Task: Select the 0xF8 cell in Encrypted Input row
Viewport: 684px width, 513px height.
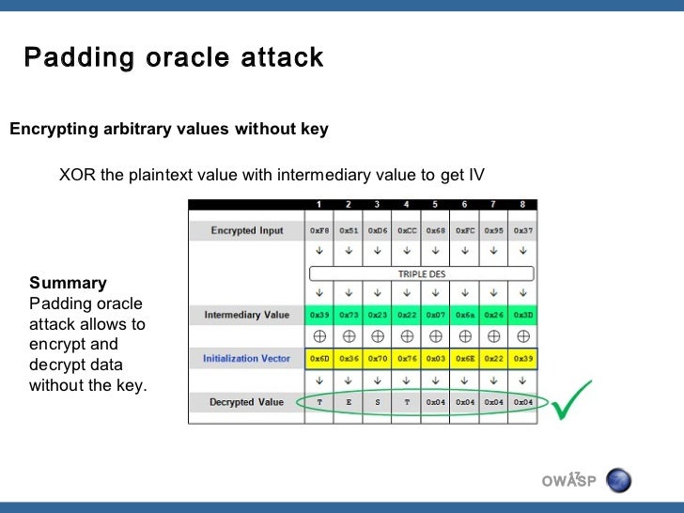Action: [x=319, y=230]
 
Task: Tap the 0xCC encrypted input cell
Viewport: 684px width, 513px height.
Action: [x=407, y=230]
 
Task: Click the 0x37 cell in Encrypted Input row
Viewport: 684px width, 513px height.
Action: [x=523, y=230]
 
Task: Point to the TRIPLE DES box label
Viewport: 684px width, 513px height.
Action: [x=421, y=274]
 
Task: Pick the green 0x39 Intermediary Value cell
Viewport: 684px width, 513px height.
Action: [x=319, y=315]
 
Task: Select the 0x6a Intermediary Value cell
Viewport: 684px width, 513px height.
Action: [x=465, y=315]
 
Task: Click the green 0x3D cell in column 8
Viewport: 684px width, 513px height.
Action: [x=523, y=315]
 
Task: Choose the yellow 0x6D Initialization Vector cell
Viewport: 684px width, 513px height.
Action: [x=319, y=358]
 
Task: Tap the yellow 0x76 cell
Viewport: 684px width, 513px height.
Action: [x=407, y=358]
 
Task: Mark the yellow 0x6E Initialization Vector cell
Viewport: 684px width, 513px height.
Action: [x=465, y=358]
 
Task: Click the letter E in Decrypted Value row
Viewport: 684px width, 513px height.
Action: [x=349, y=402]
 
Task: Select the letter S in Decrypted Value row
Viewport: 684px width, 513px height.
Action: [x=378, y=402]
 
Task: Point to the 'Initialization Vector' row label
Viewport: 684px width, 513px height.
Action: [x=247, y=358]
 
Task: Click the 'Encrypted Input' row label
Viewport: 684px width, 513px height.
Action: [x=247, y=230]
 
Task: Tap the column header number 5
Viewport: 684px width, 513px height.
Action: [x=435, y=204]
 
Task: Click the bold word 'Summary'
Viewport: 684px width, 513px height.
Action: [x=68, y=283]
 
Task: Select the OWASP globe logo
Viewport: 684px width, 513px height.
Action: [x=619, y=481]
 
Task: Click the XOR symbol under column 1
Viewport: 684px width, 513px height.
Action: [x=319, y=335]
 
